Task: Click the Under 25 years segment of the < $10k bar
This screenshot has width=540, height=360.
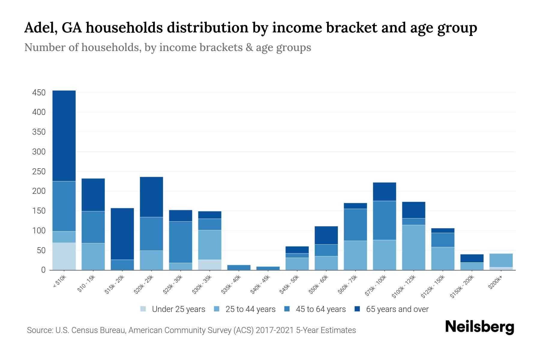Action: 64,256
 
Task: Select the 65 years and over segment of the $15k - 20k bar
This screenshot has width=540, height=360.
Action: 122,234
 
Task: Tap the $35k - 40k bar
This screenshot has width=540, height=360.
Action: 239,267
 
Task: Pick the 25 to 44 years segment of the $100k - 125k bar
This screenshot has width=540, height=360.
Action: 413,247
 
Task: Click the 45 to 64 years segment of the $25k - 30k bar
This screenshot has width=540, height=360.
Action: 181,242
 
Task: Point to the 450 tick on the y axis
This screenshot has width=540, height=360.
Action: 39,93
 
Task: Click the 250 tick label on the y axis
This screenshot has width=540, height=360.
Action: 39,172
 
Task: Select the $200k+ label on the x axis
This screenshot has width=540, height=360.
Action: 495,283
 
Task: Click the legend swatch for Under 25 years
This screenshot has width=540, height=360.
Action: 143,309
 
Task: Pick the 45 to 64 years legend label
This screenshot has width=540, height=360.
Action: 320,309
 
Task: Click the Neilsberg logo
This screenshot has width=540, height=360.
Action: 479,327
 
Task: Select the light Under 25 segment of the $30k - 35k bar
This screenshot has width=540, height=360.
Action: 210,265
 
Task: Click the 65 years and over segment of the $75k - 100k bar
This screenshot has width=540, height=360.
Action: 384,191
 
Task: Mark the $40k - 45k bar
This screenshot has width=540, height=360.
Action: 268,268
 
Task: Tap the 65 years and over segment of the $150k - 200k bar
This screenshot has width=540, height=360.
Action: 472,258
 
